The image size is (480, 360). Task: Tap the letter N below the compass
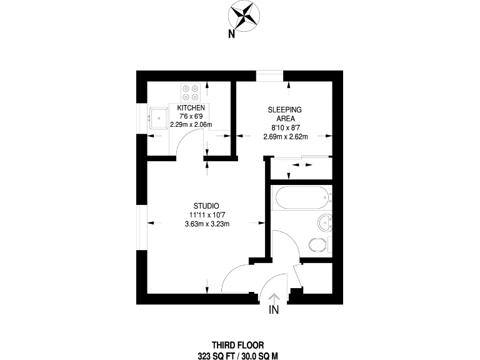click(231, 34)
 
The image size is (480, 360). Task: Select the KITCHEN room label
click(191, 107)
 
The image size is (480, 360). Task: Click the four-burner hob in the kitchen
click(190, 93)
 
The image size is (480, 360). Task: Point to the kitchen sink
click(159, 116)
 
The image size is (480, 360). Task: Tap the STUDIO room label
click(206, 206)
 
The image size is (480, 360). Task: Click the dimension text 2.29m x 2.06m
click(191, 124)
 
